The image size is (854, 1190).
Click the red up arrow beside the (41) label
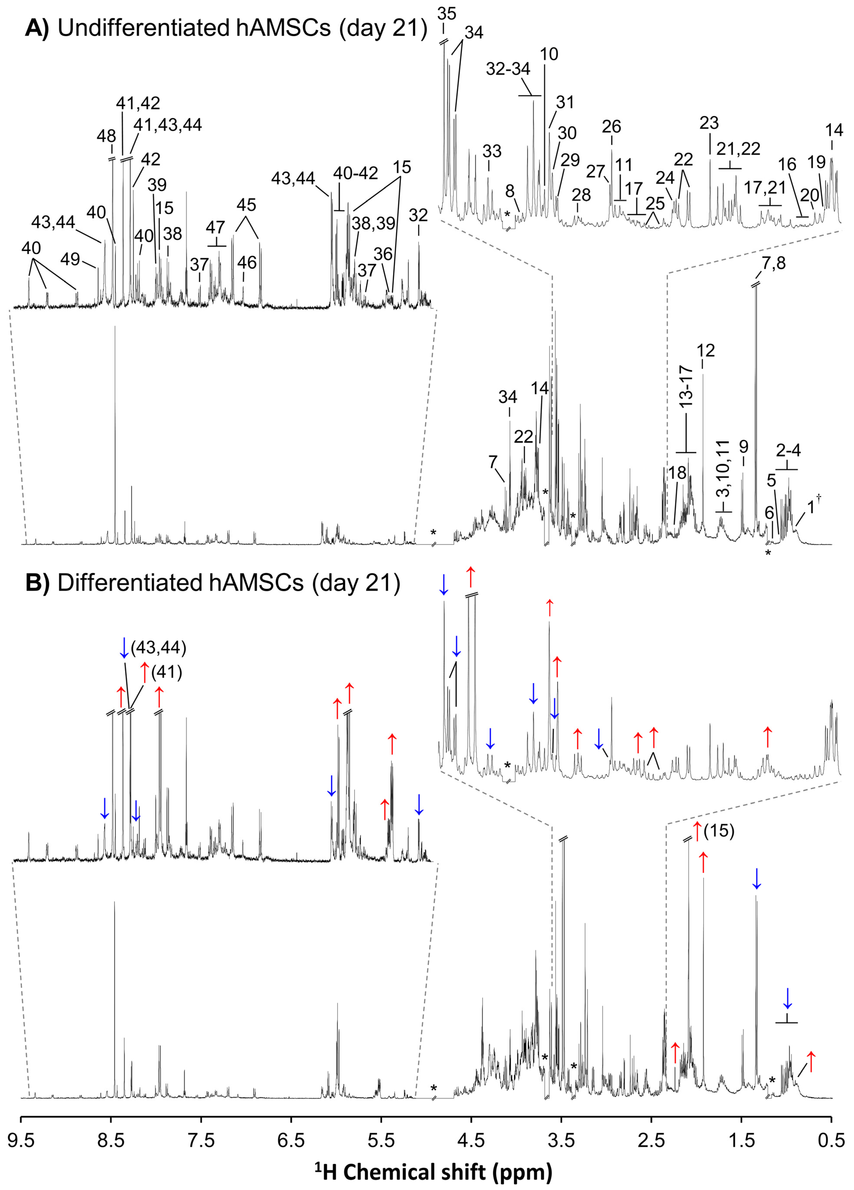(145, 673)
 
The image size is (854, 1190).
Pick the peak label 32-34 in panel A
(508, 69)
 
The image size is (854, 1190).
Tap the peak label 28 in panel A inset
(581, 195)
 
